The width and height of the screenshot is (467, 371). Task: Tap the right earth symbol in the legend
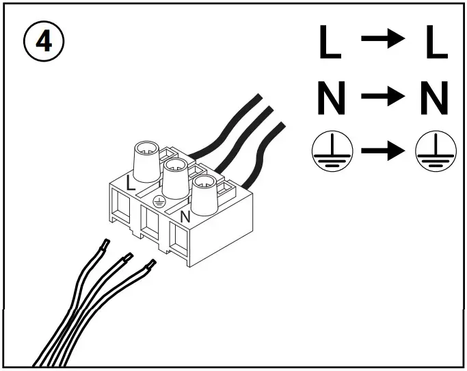click(x=432, y=150)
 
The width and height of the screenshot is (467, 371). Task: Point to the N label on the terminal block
click(x=184, y=217)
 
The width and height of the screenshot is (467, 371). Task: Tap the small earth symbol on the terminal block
click(x=159, y=201)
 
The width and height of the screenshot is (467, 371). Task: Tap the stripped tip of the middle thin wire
click(x=126, y=259)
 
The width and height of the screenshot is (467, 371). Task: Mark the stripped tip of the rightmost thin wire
click(x=148, y=266)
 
